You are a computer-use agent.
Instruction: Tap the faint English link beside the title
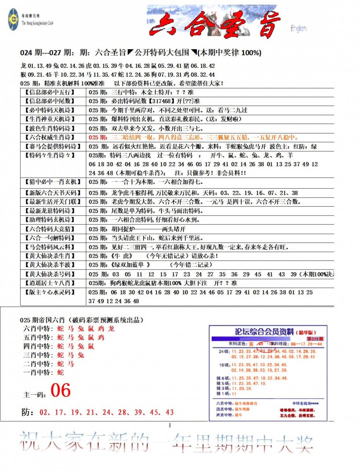coord(298,28)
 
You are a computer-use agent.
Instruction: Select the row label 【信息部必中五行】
coord(50,92)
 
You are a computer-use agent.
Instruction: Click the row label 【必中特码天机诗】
coord(50,110)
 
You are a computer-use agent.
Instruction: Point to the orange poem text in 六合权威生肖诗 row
coord(193,137)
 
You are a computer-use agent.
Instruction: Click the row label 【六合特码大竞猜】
coord(50,229)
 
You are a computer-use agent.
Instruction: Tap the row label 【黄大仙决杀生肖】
coord(50,256)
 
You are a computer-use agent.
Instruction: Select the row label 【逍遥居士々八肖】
coord(50,283)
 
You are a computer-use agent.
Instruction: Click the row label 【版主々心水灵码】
coord(50,292)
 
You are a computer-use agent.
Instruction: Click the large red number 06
coord(61,390)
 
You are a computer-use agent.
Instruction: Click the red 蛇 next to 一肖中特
coord(60,372)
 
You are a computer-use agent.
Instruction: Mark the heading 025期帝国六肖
coord(42,320)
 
